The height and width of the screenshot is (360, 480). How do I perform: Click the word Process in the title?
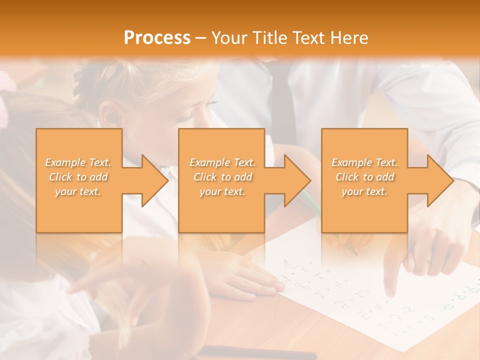coord(157,38)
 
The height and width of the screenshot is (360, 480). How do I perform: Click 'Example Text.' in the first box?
coord(78,162)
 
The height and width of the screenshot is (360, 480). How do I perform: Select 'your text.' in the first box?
coord(78,191)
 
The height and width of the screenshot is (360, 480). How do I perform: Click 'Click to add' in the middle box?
coord(222,177)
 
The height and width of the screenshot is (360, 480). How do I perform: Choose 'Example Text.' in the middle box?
coord(222,162)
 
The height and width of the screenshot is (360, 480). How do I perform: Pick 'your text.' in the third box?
coord(364,191)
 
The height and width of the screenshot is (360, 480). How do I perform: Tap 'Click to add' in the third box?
coord(364,177)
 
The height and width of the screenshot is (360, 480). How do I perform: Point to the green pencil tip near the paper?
coord(354,252)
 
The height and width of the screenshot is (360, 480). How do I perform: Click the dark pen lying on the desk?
coord(260,352)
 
